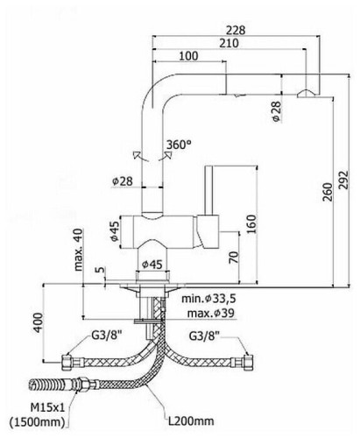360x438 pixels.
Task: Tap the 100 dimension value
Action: (187, 57)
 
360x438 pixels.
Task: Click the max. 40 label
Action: (79, 249)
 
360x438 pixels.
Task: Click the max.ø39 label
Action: (212, 314)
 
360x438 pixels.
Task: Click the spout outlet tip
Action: (306, 95)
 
